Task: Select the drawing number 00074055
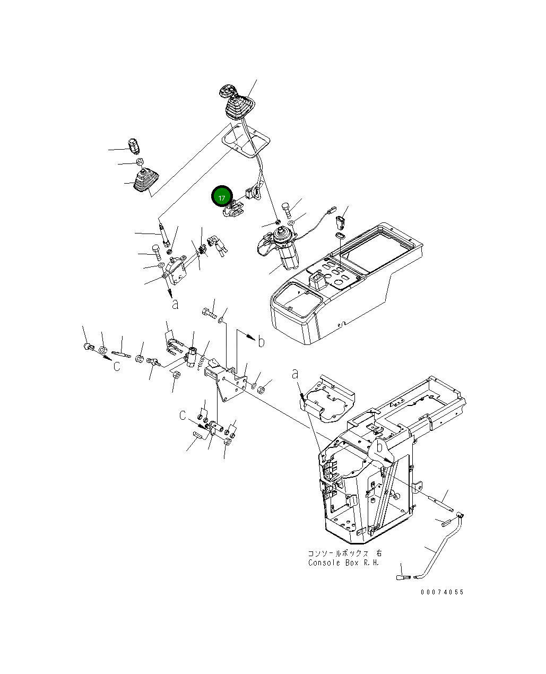point(442,592)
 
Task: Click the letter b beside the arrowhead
point(261,342)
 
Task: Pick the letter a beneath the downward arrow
point(175,304)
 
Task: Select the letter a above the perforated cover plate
point(296,374)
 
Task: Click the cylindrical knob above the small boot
point(134,145)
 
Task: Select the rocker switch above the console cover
point(342,218)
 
